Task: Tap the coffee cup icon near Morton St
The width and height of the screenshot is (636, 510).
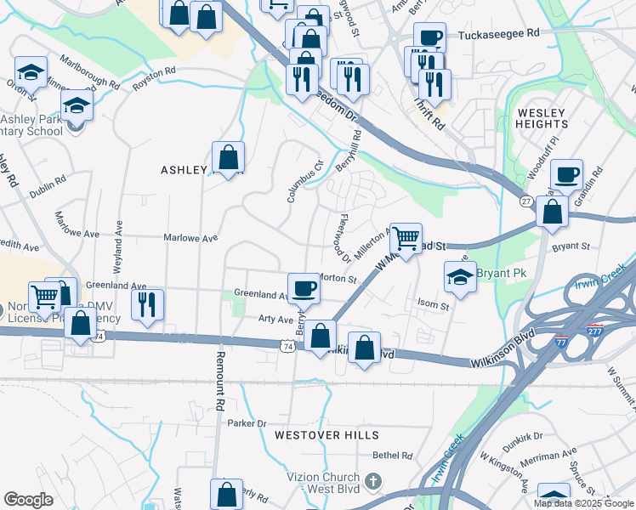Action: (304, 287)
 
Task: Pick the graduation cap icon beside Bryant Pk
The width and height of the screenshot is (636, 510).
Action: (459, 276)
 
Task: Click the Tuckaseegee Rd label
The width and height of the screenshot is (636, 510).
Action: (499, 34)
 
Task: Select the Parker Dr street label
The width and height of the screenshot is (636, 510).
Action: (247, 422)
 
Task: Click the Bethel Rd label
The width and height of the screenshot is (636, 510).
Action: (392, 456)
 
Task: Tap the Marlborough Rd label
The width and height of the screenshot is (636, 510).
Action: (90, 71)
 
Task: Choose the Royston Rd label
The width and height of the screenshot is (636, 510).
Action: (154, 79)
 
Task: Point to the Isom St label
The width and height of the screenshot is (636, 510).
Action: (433, 304)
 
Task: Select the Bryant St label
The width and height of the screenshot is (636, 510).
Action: (571, 246)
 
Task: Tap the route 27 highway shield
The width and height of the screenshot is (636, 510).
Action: (527, 201)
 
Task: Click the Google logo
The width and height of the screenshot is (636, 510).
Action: (29, 499)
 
